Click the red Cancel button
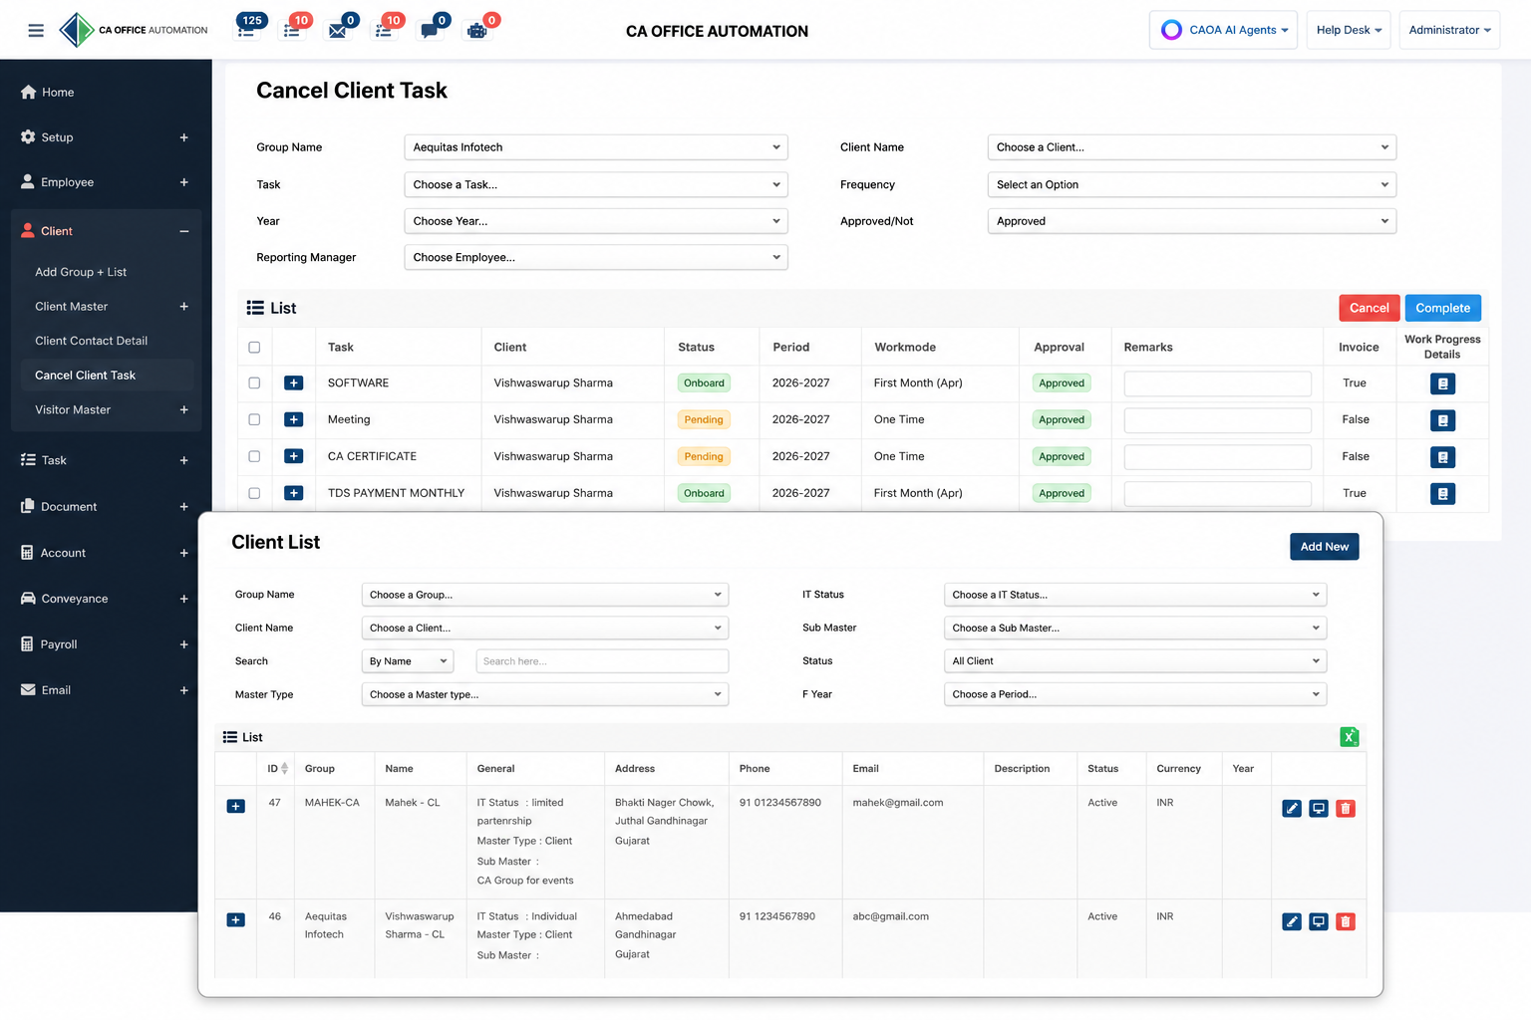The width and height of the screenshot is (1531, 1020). pos(1369,308)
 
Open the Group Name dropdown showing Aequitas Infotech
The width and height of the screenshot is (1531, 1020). pos(595,146)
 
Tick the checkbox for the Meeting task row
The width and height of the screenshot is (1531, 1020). pos(254,419)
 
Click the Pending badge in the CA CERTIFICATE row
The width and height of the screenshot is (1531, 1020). pos(704,456)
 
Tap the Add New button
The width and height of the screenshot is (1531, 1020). pos(1324,547)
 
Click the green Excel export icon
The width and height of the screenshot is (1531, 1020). pos(1349,737)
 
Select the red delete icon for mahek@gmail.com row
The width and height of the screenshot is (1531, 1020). pos(1345,808)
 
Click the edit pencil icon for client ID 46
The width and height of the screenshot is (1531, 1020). pos(1291,921)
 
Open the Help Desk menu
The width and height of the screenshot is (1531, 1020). pos(1349,30)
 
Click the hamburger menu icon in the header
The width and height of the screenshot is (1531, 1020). pos(36,30)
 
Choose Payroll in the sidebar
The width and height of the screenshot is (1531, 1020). pos(59,644)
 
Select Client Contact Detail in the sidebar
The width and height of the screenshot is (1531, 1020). pos(91,341)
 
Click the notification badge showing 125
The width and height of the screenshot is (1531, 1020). pos(252,21)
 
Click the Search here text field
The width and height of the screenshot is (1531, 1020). pos(602,661)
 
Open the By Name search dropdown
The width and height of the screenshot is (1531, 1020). pos(408,661)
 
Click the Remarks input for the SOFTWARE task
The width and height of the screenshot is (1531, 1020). pos(1217,383)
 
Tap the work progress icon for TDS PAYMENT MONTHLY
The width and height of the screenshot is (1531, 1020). pos(1442,493)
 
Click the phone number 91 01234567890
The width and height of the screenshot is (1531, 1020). pos(779,802)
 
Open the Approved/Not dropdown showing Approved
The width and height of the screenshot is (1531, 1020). pos(1191,221)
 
